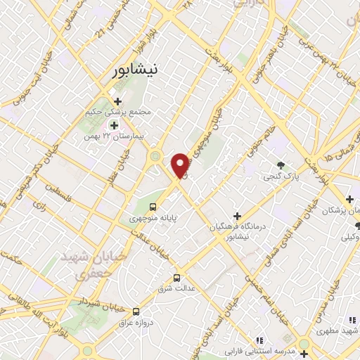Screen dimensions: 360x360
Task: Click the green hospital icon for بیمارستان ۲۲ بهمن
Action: (114, 125)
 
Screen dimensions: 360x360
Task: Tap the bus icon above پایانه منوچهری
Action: (153, 207)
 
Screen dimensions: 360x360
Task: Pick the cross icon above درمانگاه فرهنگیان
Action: (237, 215)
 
